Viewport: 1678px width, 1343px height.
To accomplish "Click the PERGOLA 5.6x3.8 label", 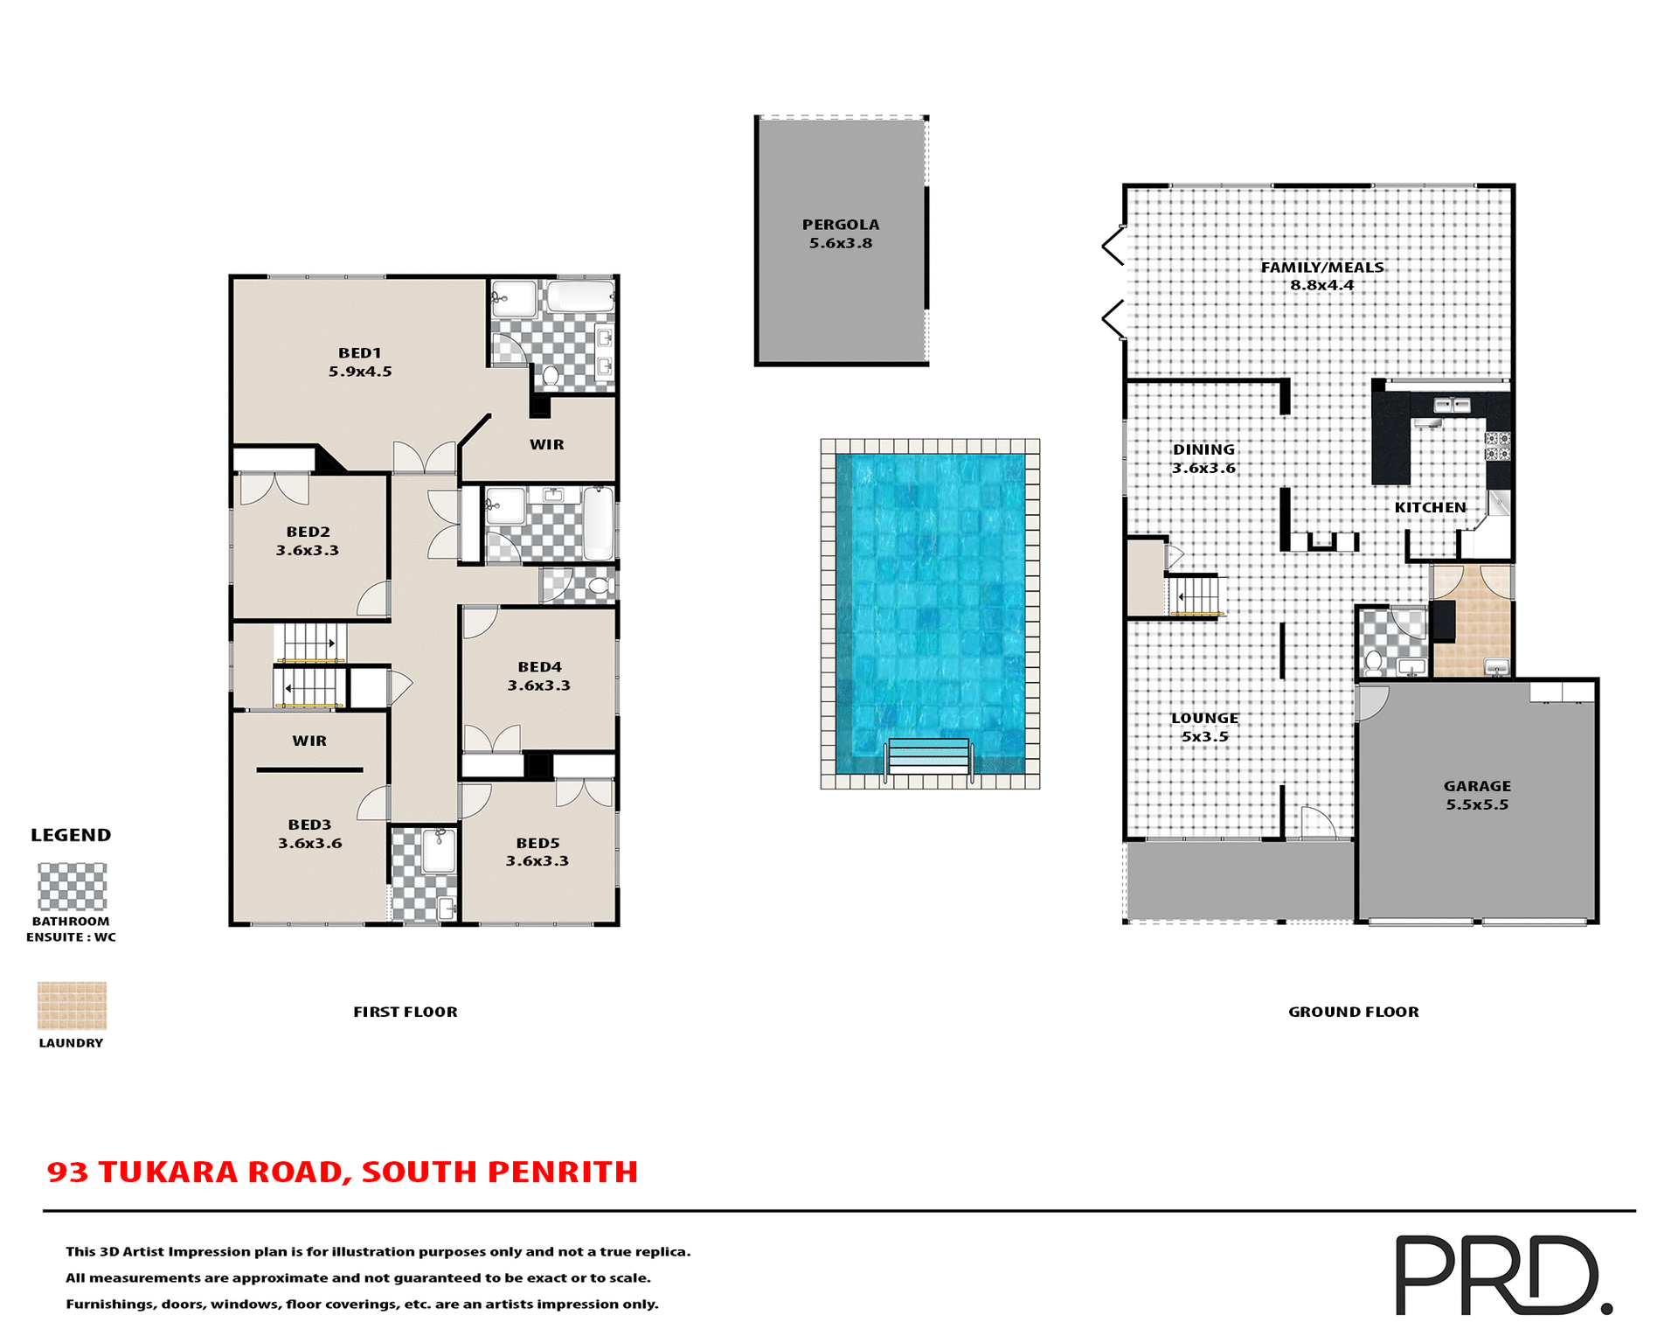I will [x=840, y=233].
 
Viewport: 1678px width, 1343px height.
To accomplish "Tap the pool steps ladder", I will [x=928, y=756].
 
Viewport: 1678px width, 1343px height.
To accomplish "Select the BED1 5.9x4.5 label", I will [x=360, y=362].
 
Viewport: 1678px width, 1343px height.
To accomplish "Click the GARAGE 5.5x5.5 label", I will [x=1477, y=795].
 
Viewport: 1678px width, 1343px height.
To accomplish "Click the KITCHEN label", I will [x=1430, y=507].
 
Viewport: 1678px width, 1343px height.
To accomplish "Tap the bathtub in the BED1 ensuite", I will [x=580, y=296].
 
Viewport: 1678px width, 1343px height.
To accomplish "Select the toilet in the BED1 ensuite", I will [x=551, y=377].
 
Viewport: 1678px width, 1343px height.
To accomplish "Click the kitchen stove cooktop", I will [x=1497, y=446].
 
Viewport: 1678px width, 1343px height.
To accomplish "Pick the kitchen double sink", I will [x=1452, y=405].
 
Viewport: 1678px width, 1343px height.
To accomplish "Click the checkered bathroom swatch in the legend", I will [x=72, y=887].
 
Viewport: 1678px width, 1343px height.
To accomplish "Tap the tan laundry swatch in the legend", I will [x=72, y=1006].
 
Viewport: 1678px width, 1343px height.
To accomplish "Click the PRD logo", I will [x=1502, y=1275].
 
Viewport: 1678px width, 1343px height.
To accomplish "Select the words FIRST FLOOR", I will [x=405, y=1012].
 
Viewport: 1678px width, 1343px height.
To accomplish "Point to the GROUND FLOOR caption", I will [x=1353, y=1012].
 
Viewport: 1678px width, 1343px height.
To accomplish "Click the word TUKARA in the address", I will [x=169, y=1172].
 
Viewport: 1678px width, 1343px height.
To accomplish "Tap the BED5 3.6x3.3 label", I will [x=537, y=852].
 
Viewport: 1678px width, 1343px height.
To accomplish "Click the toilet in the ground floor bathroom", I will [x=1374, y=662].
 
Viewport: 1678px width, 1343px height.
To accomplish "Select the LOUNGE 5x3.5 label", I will [x=1204, y=727].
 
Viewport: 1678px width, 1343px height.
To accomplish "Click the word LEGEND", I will [x=71, y=835].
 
